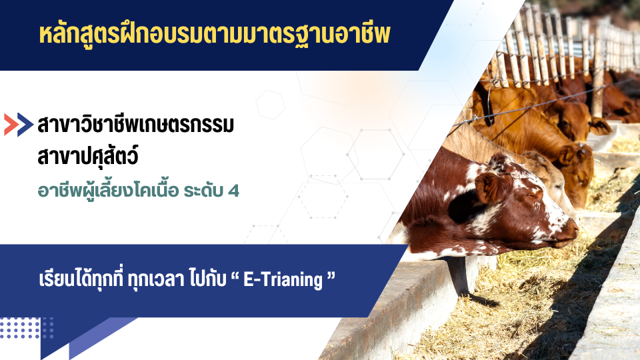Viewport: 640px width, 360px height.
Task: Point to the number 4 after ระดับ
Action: (x=233, y=191)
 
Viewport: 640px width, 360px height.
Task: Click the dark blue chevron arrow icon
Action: (x=25, y=125)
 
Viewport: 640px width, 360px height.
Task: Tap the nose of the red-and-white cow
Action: (x=571, y=230)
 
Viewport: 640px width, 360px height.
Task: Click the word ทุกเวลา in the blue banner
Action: (x=153, y=280)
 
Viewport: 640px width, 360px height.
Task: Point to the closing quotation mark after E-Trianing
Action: (x=329, y=277)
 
